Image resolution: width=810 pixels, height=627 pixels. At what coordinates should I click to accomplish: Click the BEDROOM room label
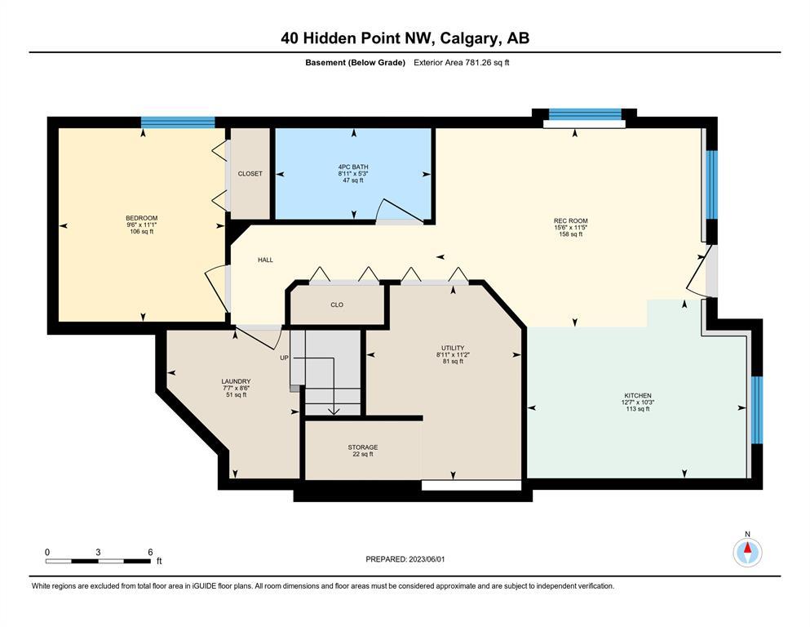(142, 218)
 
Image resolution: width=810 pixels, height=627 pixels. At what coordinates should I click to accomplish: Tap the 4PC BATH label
(353, 167)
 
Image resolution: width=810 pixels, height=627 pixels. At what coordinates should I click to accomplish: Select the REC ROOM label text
(571, 220)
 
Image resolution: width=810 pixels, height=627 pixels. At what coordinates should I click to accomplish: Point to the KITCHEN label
(638, 395)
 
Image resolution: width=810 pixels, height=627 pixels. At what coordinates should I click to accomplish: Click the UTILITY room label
(453, 348)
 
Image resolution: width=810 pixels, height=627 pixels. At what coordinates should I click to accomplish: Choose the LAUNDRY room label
(236, 381)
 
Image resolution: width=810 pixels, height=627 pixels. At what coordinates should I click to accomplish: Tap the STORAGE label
(363, 447)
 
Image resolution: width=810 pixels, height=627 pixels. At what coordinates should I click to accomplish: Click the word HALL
(266, 260)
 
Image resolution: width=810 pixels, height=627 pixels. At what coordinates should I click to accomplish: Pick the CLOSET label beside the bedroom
(250, 174)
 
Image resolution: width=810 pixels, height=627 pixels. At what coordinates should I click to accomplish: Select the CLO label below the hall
(337, 305)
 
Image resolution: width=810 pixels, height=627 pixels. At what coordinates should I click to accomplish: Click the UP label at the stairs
(284, 358)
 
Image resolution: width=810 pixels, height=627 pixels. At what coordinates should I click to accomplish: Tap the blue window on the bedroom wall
(178, 122)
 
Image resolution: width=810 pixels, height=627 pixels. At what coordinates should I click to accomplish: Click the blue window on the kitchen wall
(757, 410)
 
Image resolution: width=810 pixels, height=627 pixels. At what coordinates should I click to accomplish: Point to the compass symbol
(747, 553)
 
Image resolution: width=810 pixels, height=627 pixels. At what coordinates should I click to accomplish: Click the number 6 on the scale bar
(150, 552)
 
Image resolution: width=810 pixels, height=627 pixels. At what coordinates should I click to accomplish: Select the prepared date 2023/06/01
(427, 559)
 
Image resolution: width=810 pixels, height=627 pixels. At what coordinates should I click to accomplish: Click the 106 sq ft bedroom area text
(142, 232)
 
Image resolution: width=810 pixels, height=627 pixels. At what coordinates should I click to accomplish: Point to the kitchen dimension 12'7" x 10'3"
(638, 402)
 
